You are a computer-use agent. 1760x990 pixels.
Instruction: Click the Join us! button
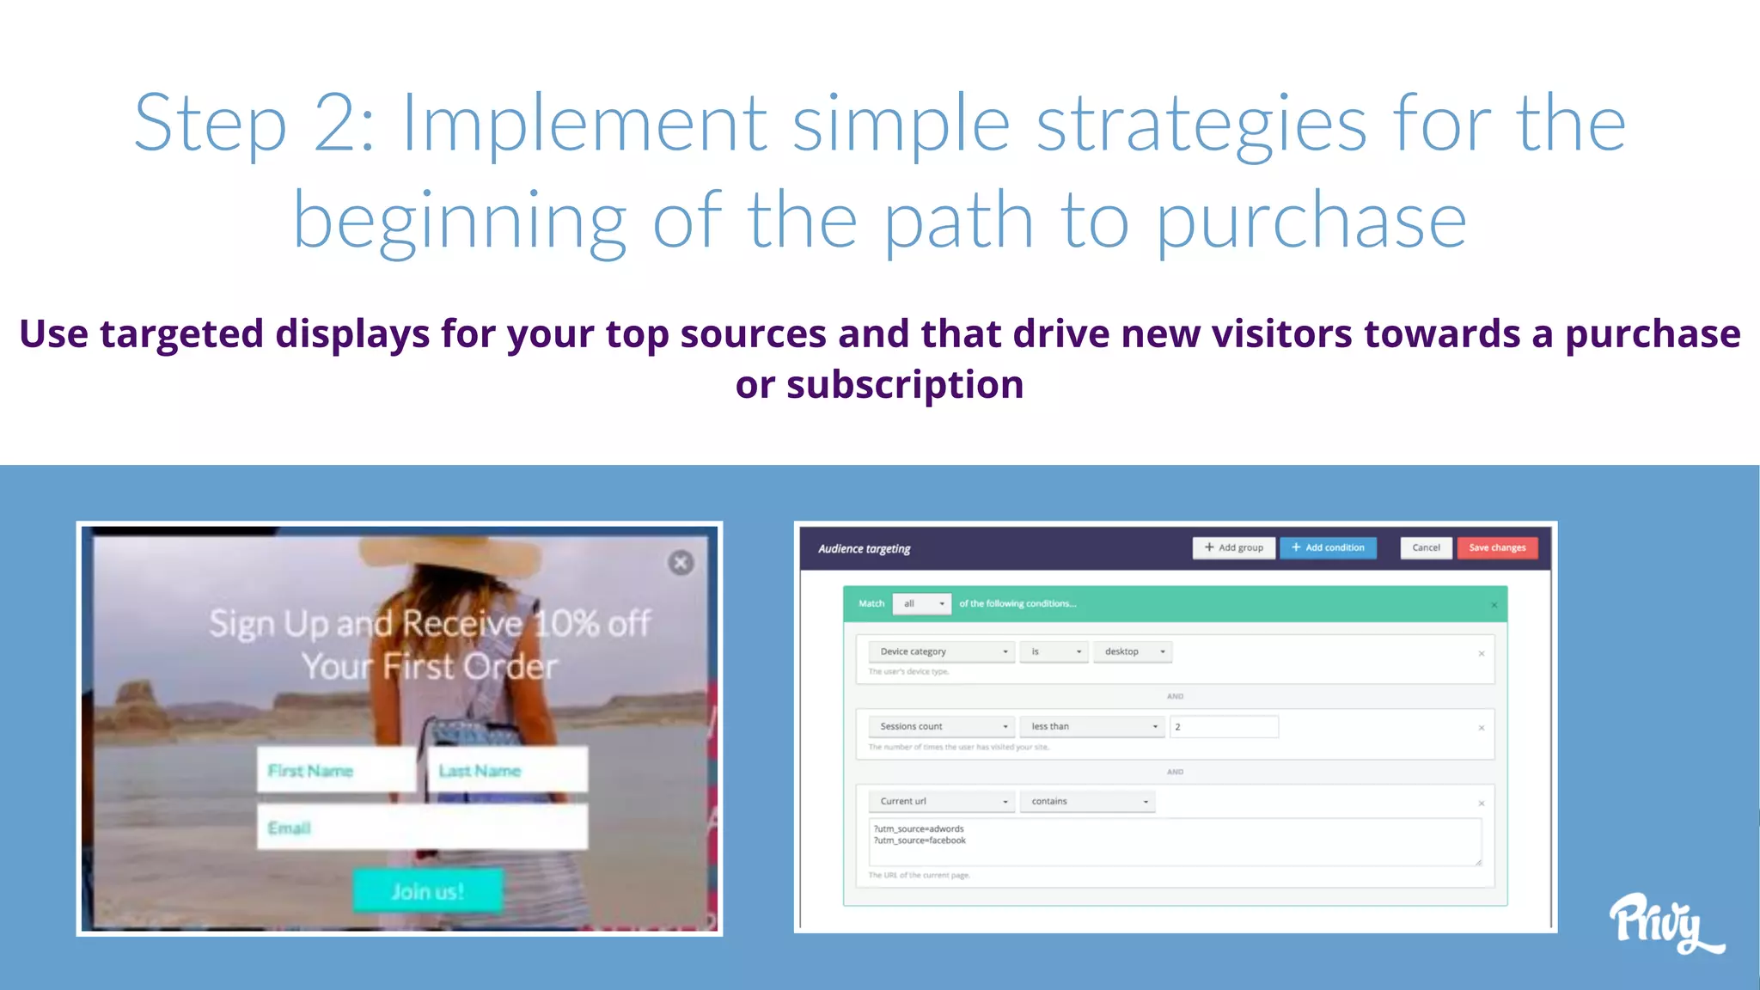(x=428, y=890)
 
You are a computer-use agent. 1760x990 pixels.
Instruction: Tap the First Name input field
(x=337, y=770)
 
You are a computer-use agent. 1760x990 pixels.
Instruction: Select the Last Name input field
(x=508, y=770)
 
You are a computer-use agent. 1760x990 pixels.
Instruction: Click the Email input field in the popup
(x=422, y=828)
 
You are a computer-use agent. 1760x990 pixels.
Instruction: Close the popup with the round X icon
(x=681, y=563)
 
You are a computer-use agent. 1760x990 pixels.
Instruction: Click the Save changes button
(x=1497, y=547)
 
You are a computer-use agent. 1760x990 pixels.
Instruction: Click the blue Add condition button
(x=1328, y=547)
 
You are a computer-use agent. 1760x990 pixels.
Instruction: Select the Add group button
(x=1233, y=547)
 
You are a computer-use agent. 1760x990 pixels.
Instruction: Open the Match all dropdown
(x=922, y=603)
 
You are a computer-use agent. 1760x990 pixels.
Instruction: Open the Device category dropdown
(x=941, y=651)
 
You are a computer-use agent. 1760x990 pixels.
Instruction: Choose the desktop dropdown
(x=1133, y=651)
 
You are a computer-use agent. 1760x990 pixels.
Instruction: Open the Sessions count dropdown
(x=941, y=726)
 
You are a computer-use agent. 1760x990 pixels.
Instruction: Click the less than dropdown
(x=1092, y=726)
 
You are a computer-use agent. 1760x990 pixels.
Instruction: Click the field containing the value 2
(x=1224, y=726)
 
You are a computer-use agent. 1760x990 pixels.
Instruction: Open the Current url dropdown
(x=941, y=801)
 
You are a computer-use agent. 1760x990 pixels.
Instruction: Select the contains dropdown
(x=1087, y=801)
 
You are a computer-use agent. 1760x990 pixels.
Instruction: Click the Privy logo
(x=1663, y=923)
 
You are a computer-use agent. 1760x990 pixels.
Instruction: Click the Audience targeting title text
(x=864, y=548)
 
